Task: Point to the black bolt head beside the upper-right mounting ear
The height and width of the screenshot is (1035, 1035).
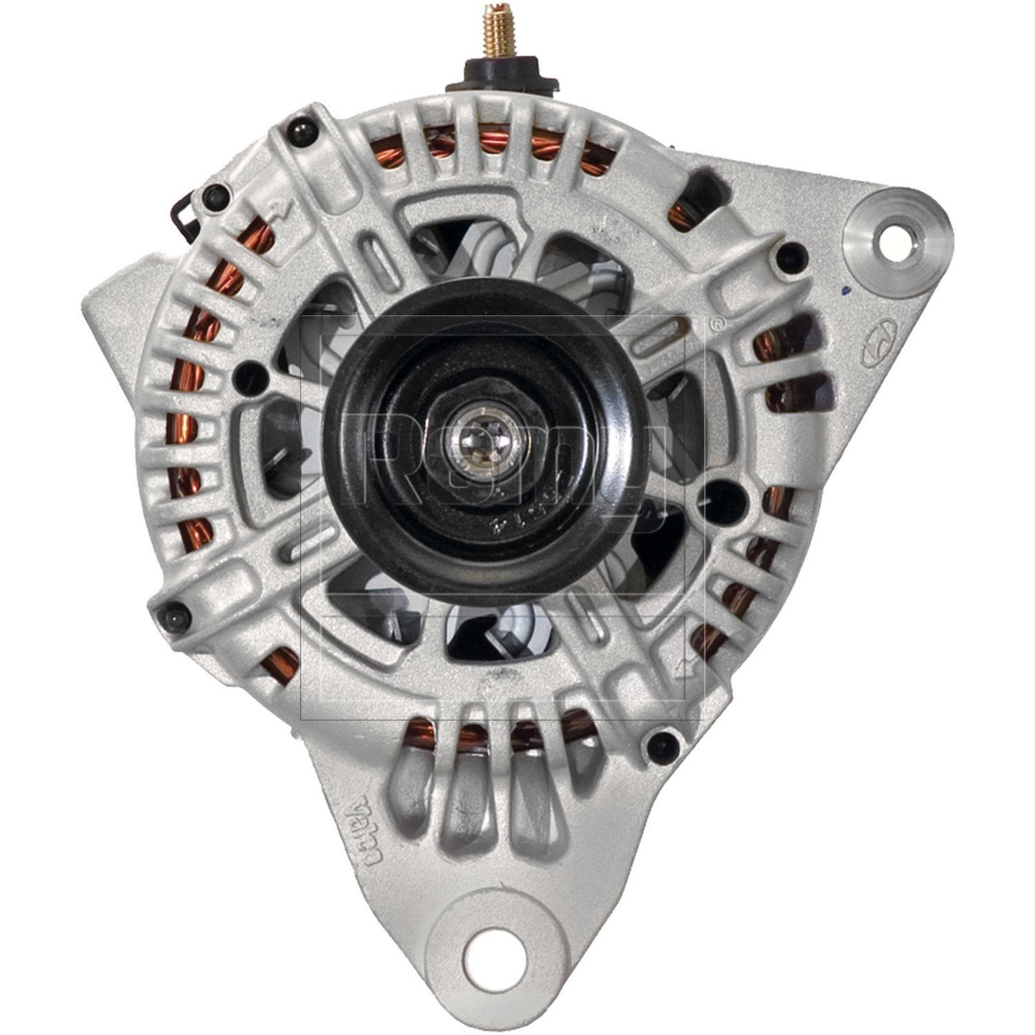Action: click(x=791, y=256)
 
